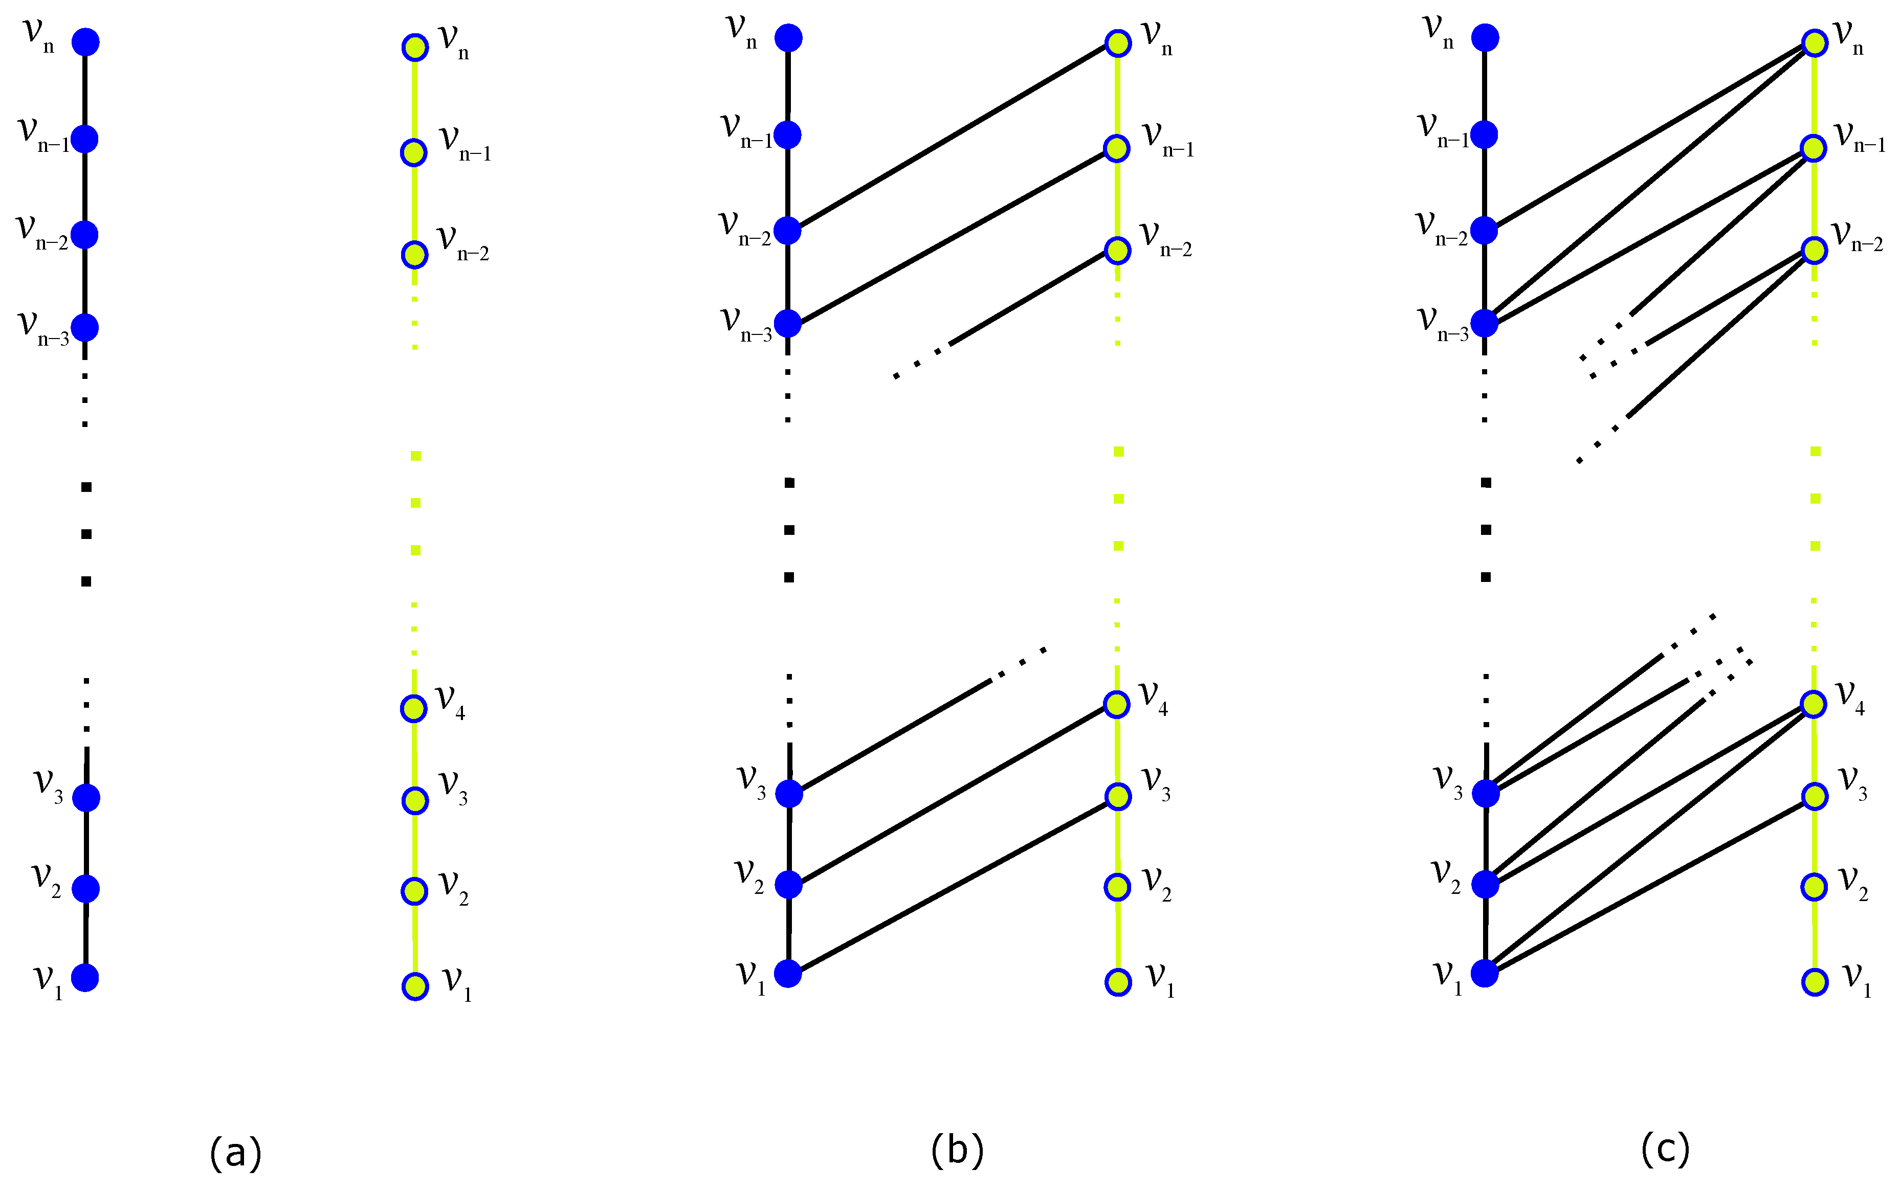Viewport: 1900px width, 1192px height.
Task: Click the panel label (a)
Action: pos(235,1153)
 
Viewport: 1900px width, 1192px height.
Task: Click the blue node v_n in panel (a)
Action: pos(85,42)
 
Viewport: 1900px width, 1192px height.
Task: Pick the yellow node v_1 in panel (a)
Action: pos(415,986)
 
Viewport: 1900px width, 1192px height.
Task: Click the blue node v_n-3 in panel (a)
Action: pos(84,326)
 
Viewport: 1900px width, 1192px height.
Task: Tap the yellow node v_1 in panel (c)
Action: pos(1815,981)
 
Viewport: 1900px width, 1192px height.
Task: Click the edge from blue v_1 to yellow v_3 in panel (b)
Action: pos(953,885)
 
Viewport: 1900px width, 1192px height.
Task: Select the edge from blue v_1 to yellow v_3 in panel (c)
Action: pos(1650,885)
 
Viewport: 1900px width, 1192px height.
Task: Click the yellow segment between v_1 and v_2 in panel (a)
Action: pos(415,938)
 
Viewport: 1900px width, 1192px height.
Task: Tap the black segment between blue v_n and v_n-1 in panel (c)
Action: pos(1485,87)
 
